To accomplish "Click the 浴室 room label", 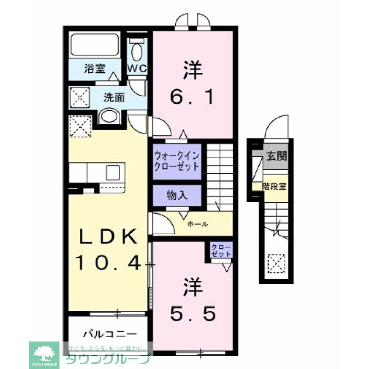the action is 95,69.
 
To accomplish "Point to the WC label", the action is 137,69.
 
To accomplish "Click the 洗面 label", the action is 114,98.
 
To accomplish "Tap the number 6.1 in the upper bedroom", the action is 192,97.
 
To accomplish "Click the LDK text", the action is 108,236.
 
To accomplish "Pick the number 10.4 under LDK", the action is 108,263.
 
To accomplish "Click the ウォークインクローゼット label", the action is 177,161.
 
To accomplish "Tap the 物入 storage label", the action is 177,195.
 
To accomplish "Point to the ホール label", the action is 197,224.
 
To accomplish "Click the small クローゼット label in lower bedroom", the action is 221,251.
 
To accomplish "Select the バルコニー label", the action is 110,334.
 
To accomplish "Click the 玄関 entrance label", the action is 277,156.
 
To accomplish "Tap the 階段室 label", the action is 274,187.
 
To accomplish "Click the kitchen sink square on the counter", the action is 113,173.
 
